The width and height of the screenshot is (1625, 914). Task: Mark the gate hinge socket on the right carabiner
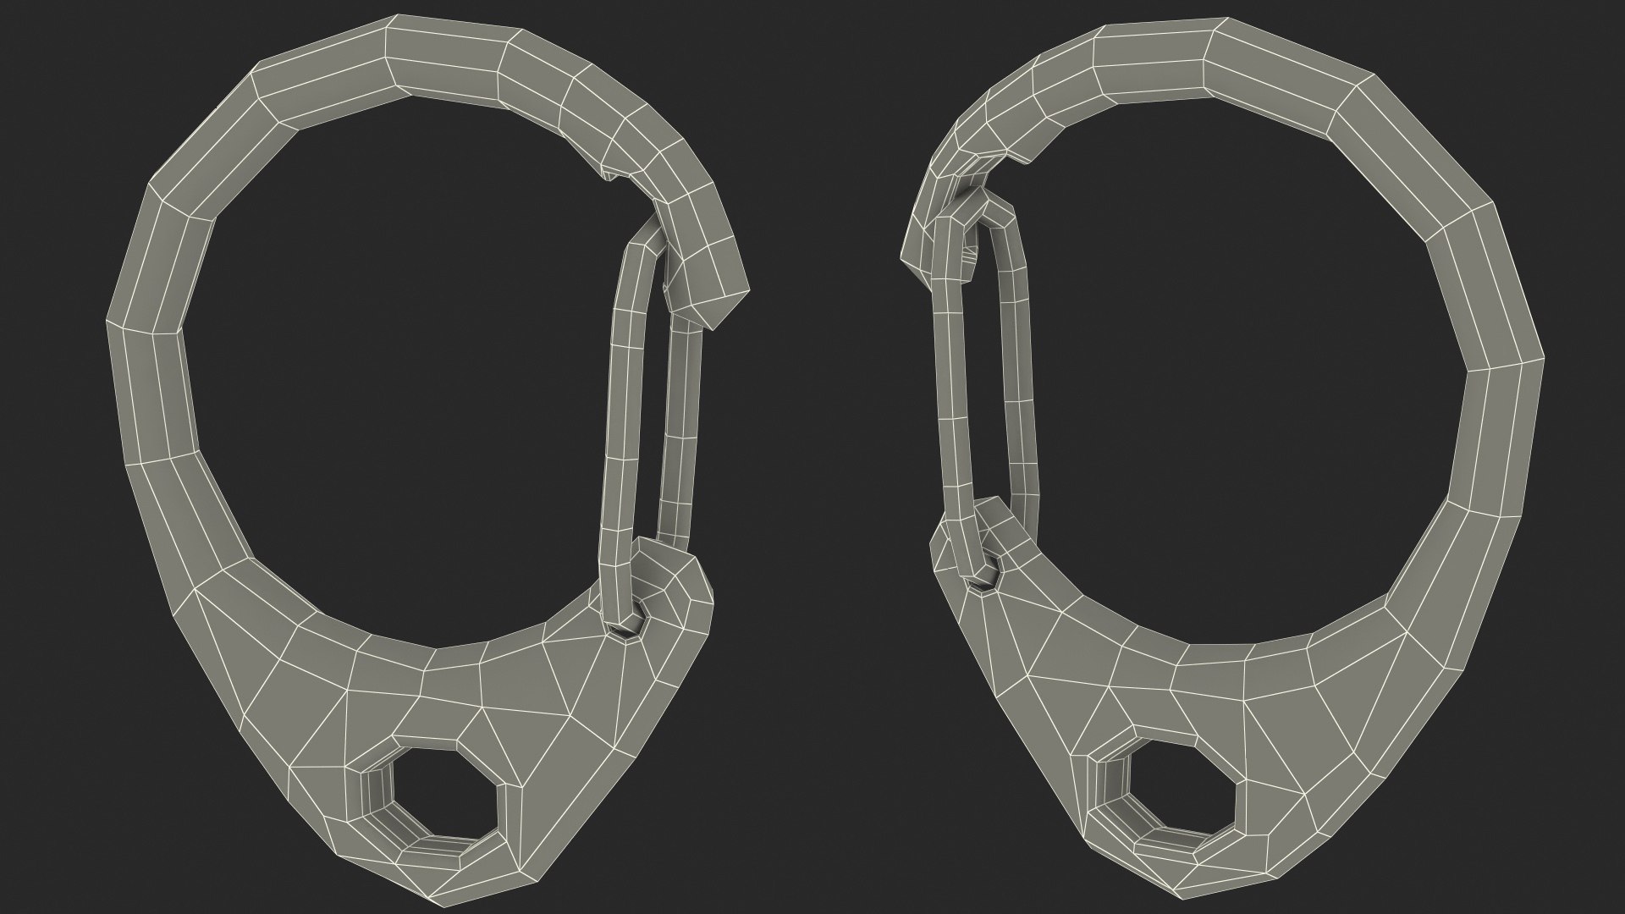point(984,580)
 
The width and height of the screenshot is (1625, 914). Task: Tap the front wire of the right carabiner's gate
point(952,398)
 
